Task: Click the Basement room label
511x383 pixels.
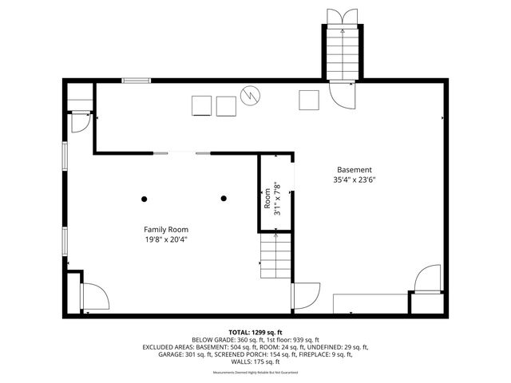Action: (x=354, y=170)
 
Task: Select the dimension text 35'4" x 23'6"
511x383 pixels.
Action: (x=354, y=180)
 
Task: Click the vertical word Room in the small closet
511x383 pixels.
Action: (x=267, y=199)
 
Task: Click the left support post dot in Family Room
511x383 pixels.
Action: (x=145, y=199)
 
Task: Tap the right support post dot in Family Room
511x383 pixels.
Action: (x=224, y=199)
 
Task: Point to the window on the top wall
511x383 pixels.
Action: (x=137, y=80)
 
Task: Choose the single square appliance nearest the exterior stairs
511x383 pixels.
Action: (x=309, y=100)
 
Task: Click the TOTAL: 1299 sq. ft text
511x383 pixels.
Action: (x=255, y=332)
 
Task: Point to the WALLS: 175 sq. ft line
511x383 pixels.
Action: (x=255, y=363)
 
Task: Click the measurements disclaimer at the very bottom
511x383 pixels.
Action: (x=255, y=373)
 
